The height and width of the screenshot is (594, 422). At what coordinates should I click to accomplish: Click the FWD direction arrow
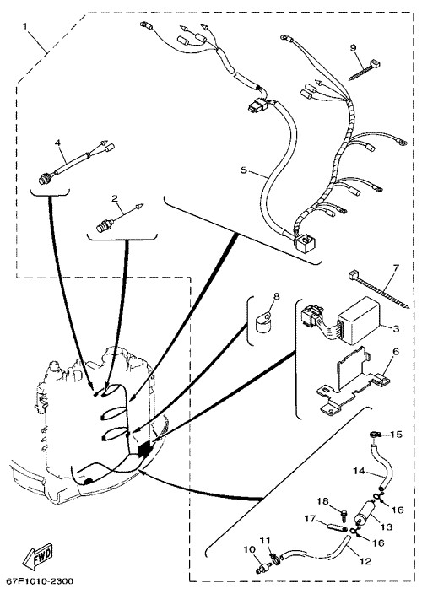coord(37,556)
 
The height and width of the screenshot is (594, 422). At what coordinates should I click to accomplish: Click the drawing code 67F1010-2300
coord(37,581)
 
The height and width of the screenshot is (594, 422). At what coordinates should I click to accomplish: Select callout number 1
coord(25,26)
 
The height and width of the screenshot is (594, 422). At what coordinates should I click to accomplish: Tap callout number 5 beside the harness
coord(243,170)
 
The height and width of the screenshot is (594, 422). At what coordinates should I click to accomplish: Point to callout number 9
coord(353,48)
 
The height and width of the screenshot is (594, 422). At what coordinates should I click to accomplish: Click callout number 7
coord(396,267)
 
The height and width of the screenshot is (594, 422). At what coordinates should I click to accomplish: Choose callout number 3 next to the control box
coord(396,328)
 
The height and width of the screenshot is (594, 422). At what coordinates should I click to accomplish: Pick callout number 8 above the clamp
coord(276,296)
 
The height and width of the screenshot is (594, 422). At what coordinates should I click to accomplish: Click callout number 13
coord(387,526)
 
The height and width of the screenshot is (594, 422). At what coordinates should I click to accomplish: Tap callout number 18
coord(323,501)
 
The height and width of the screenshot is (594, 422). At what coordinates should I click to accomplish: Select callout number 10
coord(250,549)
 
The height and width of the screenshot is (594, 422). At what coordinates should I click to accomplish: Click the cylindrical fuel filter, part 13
coord(365,512)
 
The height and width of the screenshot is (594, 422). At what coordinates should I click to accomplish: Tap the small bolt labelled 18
coord(344,514)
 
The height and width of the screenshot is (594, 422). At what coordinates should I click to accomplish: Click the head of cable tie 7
coord(353,274)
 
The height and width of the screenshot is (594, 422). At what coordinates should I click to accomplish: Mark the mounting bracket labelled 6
coord(350,379)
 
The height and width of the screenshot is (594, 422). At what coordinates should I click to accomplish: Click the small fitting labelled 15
coord(374,435)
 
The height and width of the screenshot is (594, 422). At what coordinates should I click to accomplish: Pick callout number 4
coord(57,143)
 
